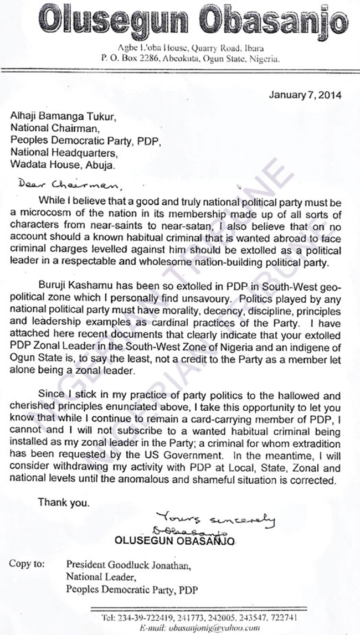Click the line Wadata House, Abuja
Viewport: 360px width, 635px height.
[62, 164]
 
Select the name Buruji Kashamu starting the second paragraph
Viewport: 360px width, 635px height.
[72, 284]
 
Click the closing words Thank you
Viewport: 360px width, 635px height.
[63, 503]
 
